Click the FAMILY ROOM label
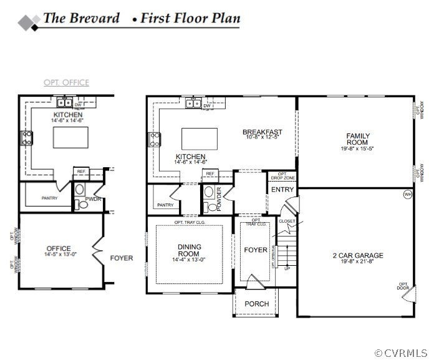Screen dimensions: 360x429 [x=358, y=139]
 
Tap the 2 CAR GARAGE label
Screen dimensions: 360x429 [x=358, y=255]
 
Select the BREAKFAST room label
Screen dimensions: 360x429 [x=262, y=132]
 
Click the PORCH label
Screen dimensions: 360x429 [x=256, y=304]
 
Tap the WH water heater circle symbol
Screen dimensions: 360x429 [x=408, y=195]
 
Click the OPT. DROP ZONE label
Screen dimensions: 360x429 [x=282, y=177]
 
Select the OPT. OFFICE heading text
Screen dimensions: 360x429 [x=66, y=82]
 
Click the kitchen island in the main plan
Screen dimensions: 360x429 [x=200, y=138]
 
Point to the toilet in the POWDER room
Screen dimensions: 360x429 [x=211, y=205]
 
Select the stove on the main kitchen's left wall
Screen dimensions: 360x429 [x=153, y=139]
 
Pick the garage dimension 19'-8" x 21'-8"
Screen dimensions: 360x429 [x=358, y=263]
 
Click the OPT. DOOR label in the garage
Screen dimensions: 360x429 [x=403, y=286]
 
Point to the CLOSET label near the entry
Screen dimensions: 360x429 [x=287, y=221]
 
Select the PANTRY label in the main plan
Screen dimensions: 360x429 [x=165, y=205]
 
